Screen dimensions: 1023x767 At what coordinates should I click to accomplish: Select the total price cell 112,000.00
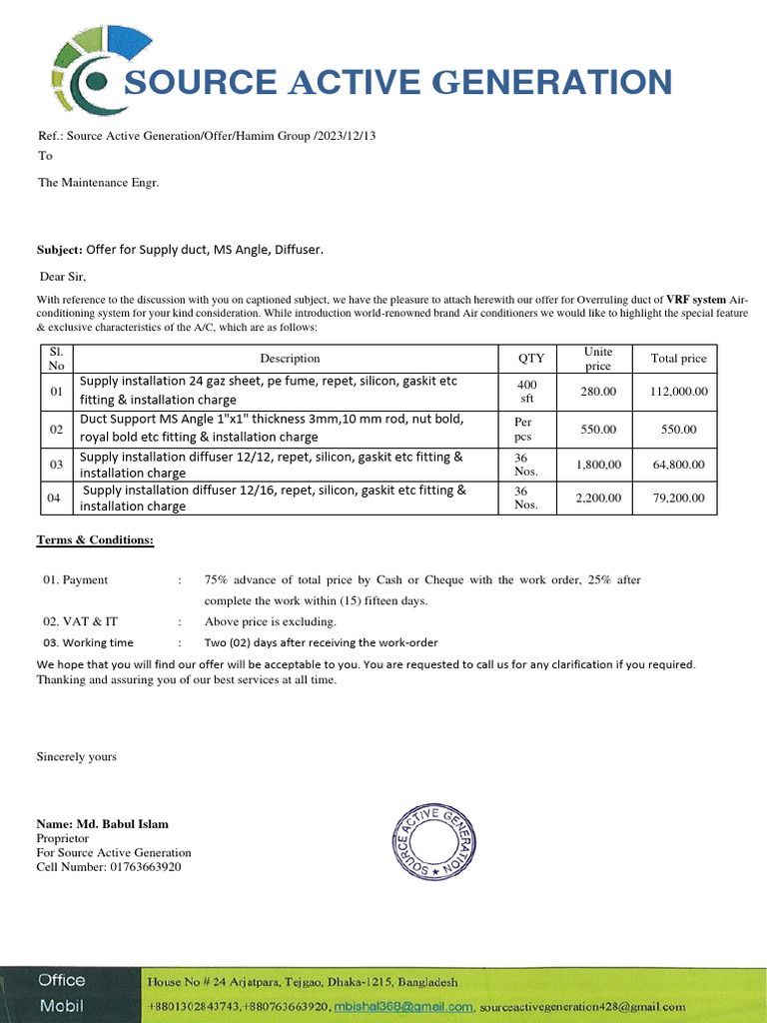[x=678, y=392]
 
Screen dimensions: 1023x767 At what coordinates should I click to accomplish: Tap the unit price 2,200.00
[x=598, y=498]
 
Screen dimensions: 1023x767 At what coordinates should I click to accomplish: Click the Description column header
[x=290, y=359]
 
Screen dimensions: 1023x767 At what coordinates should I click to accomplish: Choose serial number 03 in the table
[x=56, y=465]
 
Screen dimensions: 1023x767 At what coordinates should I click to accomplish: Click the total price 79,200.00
[x=678, y=498]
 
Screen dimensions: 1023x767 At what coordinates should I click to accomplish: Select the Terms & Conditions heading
[x=95, y=540]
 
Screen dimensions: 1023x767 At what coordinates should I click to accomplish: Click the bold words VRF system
[x=696, y=300]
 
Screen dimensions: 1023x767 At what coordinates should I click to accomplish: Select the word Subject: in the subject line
[x=59, y=249]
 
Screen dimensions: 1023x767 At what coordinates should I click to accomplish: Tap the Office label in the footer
[x=62, y=980]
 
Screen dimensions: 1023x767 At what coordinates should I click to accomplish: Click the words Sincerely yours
[x=77, y=756]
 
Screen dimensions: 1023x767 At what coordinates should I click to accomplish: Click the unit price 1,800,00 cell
[x=598, y=465]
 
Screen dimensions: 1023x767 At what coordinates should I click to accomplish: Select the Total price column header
[x=678, y=359]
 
